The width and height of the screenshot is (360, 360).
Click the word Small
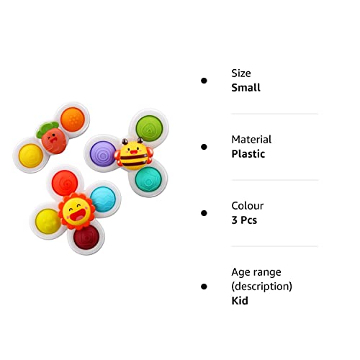point(246,88)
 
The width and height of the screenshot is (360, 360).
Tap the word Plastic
point(248,154)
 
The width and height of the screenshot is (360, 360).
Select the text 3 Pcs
point(244,220)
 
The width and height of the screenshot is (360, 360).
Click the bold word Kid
point(240,300)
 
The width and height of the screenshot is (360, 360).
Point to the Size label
point(241,73)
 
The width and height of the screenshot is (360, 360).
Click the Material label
point(251,140)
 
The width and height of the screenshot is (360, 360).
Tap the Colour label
point(247,206)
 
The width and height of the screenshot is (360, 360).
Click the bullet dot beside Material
point(204,147)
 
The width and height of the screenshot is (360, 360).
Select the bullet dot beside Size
point(204,81)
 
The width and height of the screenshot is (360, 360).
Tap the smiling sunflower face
point(76,211)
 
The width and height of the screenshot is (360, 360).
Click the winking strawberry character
point(53,141)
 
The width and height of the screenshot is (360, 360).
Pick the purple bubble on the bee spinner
point(103,153)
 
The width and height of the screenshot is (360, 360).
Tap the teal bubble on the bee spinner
point(148,179)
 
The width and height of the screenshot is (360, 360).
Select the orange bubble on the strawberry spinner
point(73,120)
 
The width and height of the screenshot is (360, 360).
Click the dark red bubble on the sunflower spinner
point(86,238)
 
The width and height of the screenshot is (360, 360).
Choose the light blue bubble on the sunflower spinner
point(103,199)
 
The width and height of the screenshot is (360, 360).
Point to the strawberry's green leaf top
point(47,129)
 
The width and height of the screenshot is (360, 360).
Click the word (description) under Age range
point(262,287)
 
